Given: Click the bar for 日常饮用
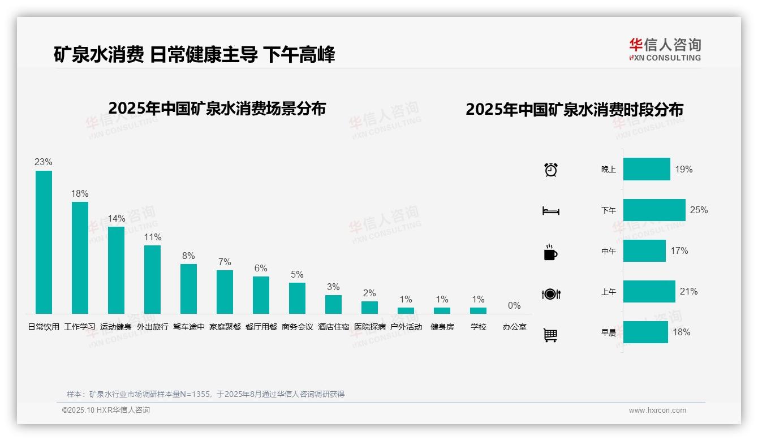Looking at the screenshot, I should (44, 242).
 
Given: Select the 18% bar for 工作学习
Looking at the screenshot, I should (80, 257).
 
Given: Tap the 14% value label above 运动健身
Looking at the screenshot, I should (116, 219).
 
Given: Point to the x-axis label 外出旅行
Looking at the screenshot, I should (153, 327).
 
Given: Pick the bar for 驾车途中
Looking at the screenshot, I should (188, 288).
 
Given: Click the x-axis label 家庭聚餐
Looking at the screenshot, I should (225, 327).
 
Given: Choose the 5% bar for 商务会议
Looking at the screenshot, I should (297, 298).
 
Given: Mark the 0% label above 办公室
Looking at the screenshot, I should (514, 306).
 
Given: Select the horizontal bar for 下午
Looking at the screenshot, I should (654, 210).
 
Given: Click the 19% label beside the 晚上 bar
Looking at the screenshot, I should (683, 169).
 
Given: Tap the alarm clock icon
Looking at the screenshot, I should (551, 169).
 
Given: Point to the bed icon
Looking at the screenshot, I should (551, 211).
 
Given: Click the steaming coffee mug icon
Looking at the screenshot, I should (550, 252).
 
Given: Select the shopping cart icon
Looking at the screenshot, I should (550, 335).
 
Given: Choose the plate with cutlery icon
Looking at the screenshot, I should (551, 294).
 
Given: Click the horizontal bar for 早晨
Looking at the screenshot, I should (645, 332).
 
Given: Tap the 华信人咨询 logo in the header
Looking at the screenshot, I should (665, 49).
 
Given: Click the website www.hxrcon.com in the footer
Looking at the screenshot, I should (657, 410).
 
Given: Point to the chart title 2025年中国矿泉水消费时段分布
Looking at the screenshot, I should (574, 109).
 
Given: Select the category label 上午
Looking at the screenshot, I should (609, 292).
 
